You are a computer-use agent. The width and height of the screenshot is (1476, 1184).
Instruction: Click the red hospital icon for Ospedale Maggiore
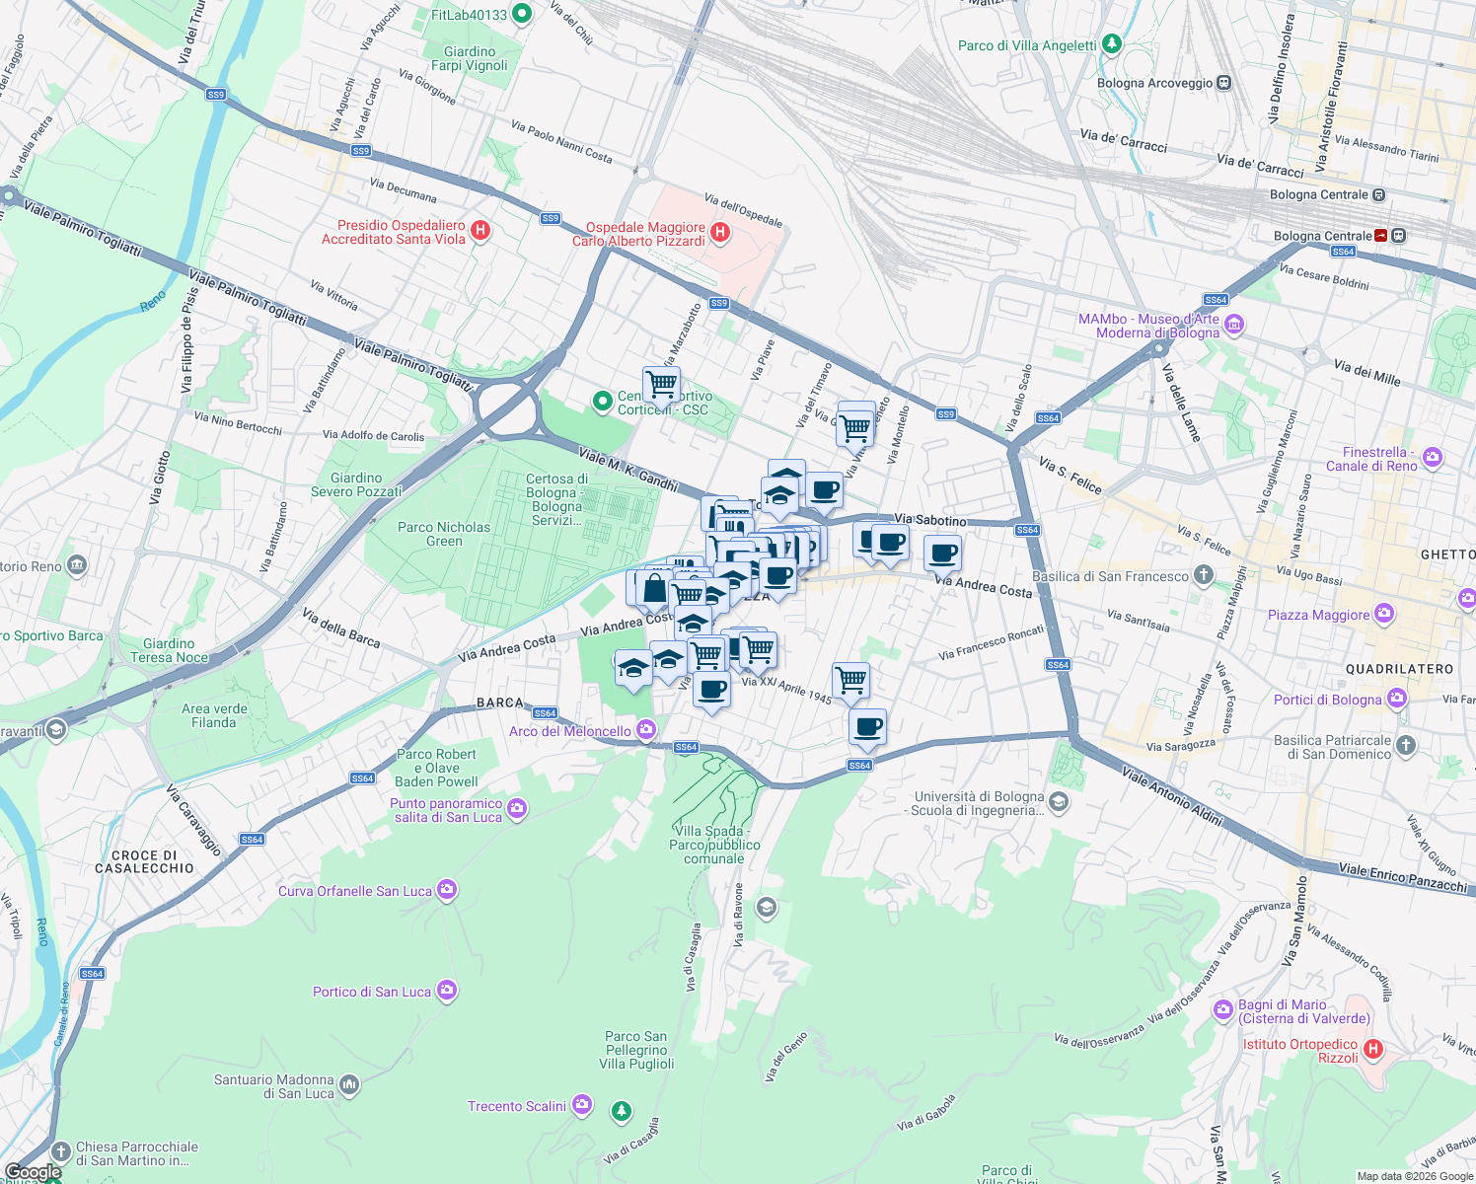(720, 233)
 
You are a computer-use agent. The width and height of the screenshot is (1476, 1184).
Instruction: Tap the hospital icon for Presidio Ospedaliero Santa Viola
(480, 231)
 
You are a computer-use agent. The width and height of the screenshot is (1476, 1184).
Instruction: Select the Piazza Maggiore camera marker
(1384, 615)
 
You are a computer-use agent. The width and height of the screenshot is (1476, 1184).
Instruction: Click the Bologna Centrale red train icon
(1380, 236)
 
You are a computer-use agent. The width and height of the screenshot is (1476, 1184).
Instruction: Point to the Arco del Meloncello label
(570, 731)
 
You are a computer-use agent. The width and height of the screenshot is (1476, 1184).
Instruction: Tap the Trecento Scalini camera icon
(582, 1105)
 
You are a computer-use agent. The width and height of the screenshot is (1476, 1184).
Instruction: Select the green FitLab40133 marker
(523, 14)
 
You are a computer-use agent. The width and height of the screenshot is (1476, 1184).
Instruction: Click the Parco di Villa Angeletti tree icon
(1112, 44)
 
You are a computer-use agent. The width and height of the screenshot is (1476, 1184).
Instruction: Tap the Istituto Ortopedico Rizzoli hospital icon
(1372, 1050)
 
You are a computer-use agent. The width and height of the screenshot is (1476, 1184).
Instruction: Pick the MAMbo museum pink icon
(1233, 325)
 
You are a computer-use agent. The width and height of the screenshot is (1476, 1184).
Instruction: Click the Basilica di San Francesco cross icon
(1203, 575)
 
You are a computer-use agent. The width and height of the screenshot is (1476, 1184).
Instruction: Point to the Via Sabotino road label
(930, 520)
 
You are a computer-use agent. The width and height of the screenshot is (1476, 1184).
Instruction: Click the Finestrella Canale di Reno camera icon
(1433, 458)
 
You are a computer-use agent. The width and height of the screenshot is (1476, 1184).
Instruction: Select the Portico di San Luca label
(372, 992)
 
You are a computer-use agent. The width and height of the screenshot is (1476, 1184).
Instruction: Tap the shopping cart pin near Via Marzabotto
(661, 383)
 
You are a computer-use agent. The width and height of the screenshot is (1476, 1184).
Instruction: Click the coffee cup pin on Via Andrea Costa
(942, 554)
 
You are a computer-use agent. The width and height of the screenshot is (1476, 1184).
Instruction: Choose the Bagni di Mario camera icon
(1223, 1010)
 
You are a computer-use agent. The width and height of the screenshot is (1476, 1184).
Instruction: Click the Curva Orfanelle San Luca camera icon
(446, 891)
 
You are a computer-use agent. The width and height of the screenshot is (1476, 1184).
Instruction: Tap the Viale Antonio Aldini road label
(1172, 797)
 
